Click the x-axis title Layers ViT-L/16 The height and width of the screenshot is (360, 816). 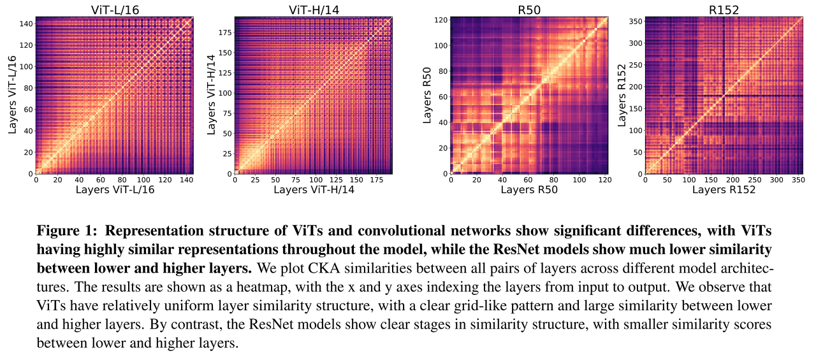[115, 189]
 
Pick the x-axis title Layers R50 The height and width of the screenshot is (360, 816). [529, 189]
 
